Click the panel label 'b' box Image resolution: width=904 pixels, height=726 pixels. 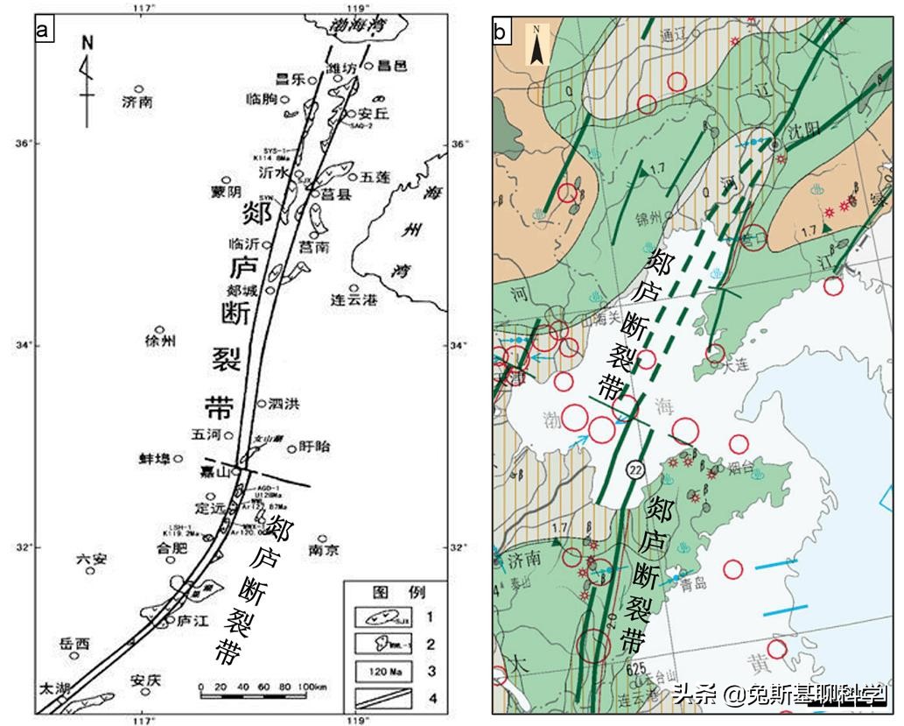501,32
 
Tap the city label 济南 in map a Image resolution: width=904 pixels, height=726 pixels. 138,102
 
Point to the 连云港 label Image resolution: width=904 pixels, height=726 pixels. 354,300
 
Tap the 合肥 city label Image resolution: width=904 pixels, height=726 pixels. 172,549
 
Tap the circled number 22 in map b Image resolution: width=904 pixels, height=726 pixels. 634,470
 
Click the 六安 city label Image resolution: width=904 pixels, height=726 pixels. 91,558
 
